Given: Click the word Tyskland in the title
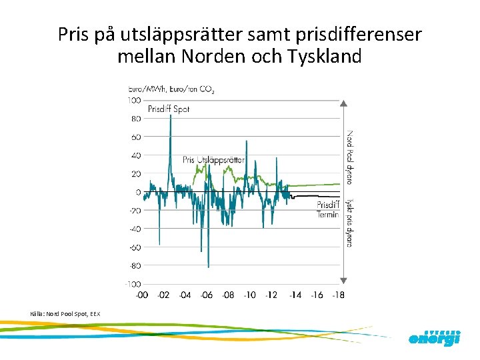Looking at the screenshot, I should [325, 56].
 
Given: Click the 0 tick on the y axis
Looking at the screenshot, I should [138, 193].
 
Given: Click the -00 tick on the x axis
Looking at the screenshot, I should [142, 295].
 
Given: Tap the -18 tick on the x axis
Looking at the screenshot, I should [339, 295].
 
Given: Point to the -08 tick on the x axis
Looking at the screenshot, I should [229, 295].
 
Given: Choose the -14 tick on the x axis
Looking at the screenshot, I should [295, 295].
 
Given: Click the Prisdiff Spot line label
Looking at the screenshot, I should [168, 109].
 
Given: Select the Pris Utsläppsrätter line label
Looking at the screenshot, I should [213, 160].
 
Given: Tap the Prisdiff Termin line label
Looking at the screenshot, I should [328, 209].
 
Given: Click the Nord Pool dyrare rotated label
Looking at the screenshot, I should [349, 157].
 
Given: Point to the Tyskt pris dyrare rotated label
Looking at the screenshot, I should [349, 222].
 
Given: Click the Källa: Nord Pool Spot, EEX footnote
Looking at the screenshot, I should [65, 313].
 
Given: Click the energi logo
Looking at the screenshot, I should [434, 339].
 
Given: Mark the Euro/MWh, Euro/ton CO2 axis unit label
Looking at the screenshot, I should [171, 89].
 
